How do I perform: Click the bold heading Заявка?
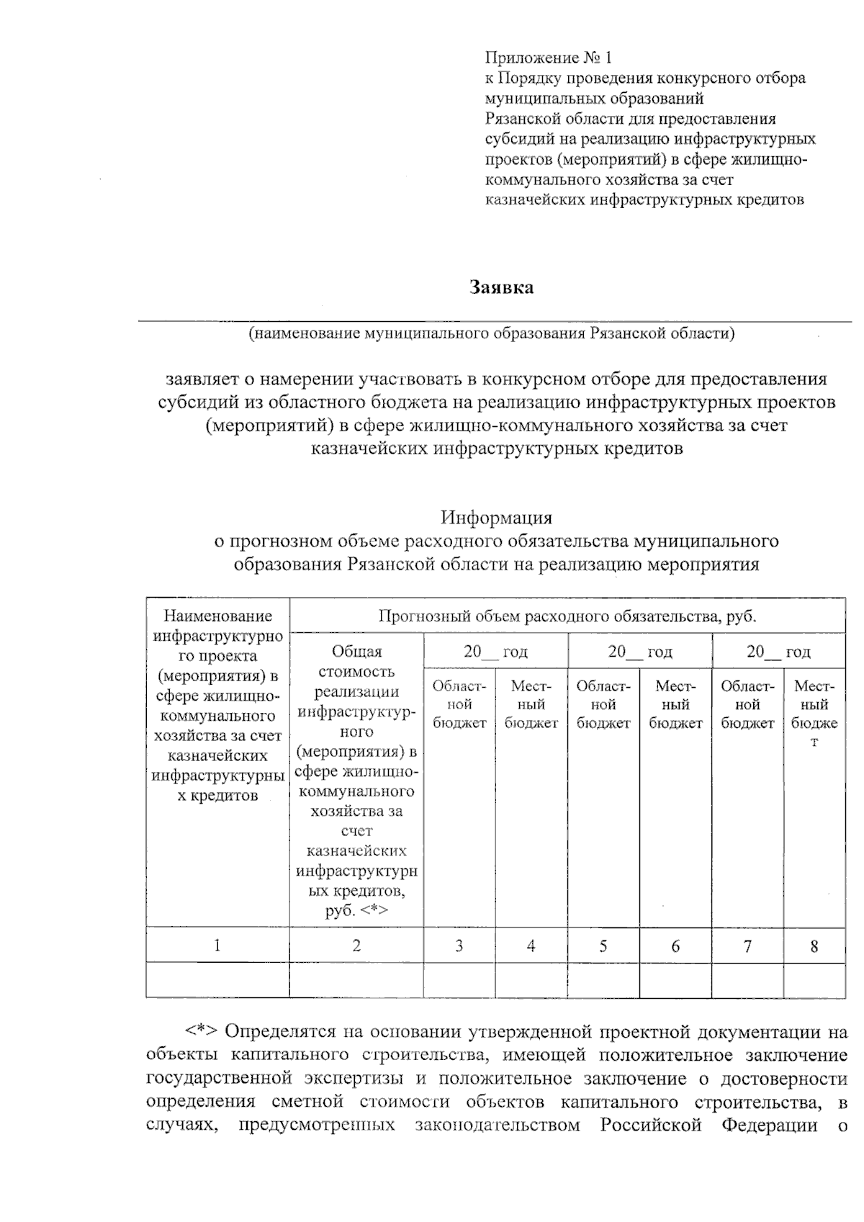point(502,287)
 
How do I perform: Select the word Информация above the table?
point(496,517)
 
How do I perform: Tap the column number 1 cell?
point(217,945)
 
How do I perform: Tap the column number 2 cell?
point(356,945)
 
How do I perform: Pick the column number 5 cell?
point(603,945)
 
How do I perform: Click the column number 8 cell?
point(814,945)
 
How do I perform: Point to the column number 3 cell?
point(459,945)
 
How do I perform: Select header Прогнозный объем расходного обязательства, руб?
point(567,616)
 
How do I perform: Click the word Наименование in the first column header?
point(217,616)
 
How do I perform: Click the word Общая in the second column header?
point(356,651)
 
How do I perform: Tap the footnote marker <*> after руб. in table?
point(374,911)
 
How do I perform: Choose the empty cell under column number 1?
point(217,980)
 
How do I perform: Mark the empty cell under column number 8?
point(814,980)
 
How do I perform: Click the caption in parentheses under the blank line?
point(492,333)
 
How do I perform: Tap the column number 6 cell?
point(675,945)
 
